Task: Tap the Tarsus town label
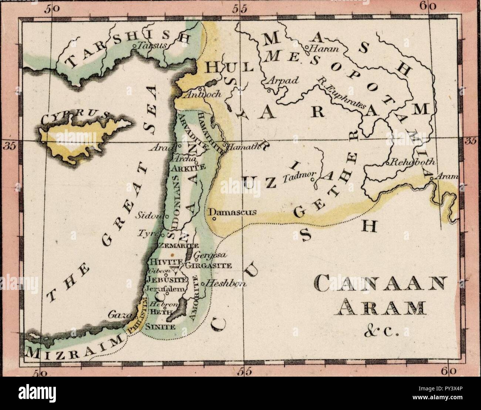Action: tap(148, 46)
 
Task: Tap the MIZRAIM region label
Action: tap(74, 347)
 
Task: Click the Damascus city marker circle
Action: tap(213, 218)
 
